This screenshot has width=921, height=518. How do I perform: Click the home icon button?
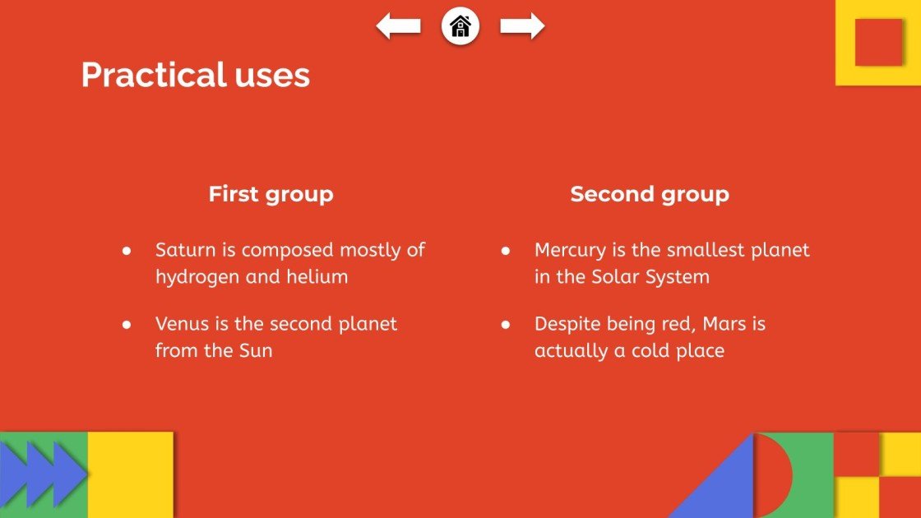click(460, 26)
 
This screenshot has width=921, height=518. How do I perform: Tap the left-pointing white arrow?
click(399, 26)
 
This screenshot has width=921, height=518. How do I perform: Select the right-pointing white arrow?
click(522, 26)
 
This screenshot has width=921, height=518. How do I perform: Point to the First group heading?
click(271, 195)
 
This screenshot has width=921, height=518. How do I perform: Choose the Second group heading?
click(650, 195)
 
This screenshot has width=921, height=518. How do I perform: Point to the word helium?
click(317, 276)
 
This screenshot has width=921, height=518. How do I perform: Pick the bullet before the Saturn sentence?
click(127, 251)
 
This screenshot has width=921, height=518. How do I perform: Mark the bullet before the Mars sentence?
click(506, 325)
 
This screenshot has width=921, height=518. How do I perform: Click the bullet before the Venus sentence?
click(127, 325)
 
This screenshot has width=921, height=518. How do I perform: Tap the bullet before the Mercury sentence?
click(506, 251)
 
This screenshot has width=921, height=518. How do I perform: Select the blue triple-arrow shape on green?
click(41, 474)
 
